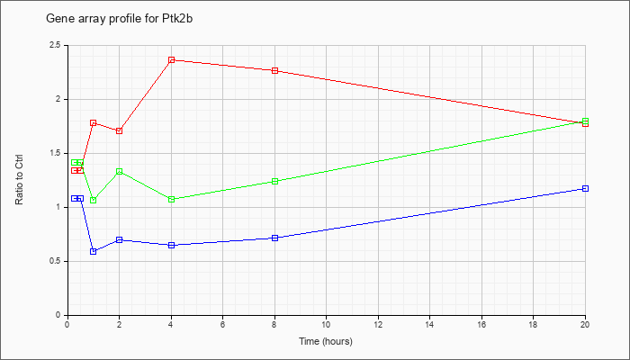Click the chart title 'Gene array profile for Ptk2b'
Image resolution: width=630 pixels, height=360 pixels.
point(120,19)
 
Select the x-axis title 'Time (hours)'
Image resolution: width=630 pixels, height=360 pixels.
point(326,341)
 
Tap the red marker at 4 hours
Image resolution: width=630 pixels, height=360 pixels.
point(172,60)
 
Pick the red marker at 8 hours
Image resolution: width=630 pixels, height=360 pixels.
point(274,71)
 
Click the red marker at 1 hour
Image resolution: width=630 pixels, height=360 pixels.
point(94,123)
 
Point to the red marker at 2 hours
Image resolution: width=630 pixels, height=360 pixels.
point(120,131)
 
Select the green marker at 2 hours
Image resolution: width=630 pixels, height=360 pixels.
point(120,172)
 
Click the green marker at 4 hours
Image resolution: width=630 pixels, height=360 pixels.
point(172,199)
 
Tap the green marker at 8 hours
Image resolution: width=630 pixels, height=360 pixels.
point(274,181)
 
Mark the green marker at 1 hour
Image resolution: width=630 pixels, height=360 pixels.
point(94,200)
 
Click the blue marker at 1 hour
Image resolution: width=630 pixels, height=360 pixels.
point(94,251)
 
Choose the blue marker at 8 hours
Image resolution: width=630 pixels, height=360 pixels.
point(274,238)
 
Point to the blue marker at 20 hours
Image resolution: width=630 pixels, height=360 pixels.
point(585,188)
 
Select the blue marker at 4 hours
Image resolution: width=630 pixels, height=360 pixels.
point(172,245)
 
